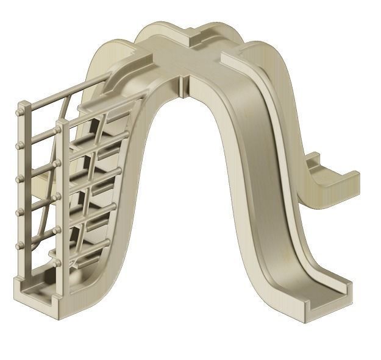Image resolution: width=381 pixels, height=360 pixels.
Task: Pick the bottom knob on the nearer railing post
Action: pyautogui.click(x=57, y=263)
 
